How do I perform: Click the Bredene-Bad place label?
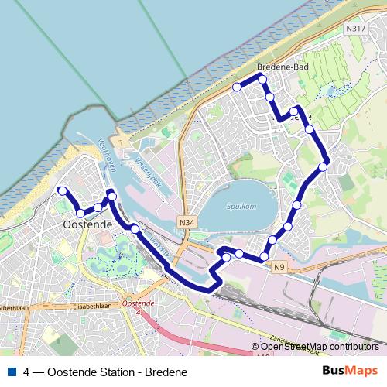[289, 67]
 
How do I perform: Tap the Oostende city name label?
[86, 224]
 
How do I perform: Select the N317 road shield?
[355, 29]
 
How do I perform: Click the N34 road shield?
[186, 221]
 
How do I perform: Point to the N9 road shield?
[279, 267]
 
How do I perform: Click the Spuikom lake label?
[241, 207]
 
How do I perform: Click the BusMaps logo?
[350, 372]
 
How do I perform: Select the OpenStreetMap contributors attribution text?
[320, 347]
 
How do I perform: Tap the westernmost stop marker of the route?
[62, 190]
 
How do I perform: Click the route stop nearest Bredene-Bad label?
[262, 80]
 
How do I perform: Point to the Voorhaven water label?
[108, 155]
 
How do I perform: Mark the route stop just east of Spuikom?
[297, 205]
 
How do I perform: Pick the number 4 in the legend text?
[27, 372]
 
